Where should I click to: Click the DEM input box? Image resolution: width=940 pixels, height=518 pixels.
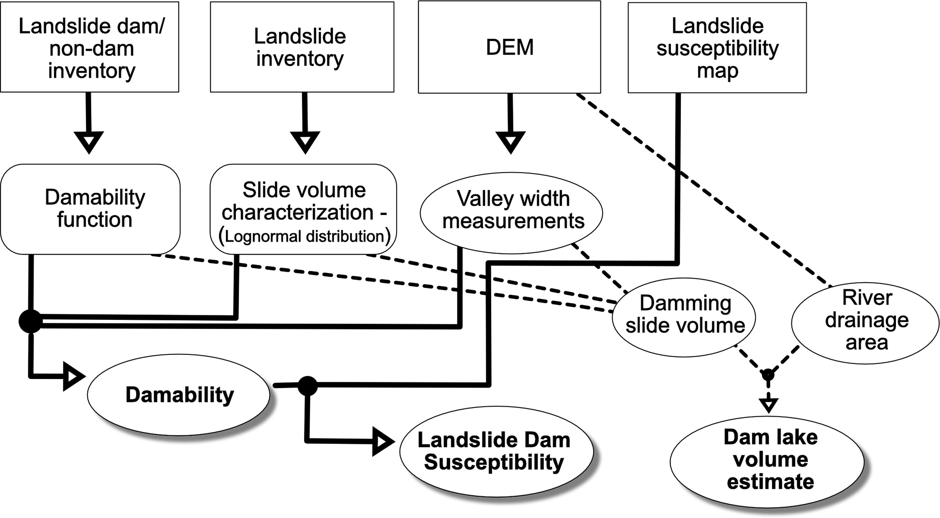(509, 47)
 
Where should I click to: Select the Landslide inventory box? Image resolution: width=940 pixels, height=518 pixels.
(302, 47)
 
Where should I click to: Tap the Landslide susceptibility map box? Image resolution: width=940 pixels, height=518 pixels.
(717, 48)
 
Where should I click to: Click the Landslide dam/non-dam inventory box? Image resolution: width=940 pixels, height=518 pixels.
(90, 47)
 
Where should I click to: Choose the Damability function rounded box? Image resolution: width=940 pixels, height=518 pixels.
(90, 209)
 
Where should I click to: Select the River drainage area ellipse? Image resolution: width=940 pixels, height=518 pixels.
(865, 321)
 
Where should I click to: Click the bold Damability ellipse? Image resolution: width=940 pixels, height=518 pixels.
(179, 395)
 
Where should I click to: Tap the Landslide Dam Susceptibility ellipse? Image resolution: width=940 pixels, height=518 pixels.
(496, 451)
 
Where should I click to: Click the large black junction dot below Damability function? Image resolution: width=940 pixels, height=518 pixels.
(30, 321)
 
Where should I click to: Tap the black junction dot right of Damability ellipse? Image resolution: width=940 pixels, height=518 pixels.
(307, 386)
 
